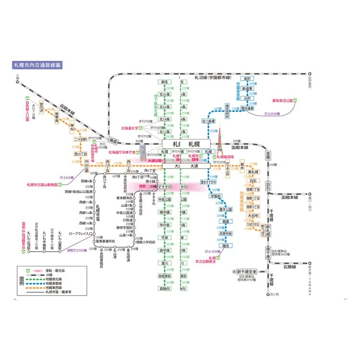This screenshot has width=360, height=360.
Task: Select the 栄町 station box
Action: [248, 78]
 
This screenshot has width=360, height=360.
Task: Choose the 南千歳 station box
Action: [268, 253]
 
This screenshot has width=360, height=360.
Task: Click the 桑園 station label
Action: [113, 142]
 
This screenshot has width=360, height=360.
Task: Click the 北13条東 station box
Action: [211, 121]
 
